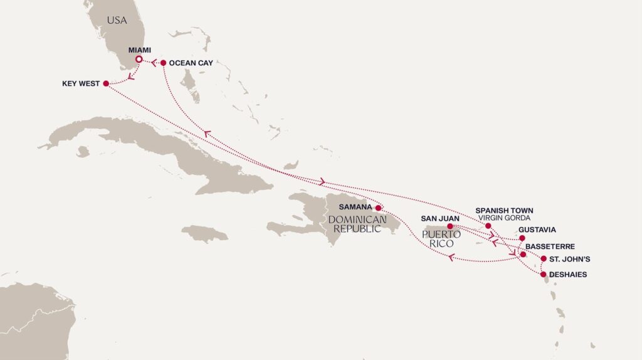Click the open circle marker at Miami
139,60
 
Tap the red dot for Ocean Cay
163,63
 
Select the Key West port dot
105,83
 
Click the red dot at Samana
378,208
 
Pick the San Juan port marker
450,226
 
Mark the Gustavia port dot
522,238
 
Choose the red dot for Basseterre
523,255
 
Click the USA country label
117,21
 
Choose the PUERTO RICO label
441,239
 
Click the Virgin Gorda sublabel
504,218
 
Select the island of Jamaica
205,234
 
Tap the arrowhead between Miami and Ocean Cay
152,62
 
